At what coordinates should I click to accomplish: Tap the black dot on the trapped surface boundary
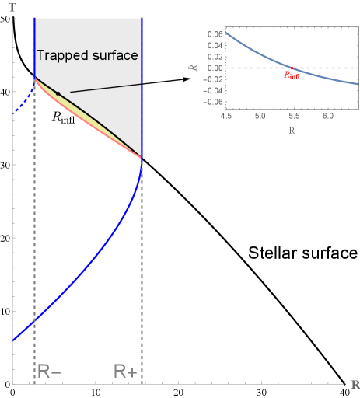click(x=58, y=93)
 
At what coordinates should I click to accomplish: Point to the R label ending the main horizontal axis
click(x=354, y=384)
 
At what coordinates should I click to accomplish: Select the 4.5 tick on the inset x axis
click(x=226, y=115)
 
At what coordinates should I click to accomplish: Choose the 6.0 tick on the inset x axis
click(x=329, y=115)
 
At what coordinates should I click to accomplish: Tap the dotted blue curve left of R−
click(x=23, y=97)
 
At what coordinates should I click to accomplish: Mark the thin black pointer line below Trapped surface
click(x=105, y=88)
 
